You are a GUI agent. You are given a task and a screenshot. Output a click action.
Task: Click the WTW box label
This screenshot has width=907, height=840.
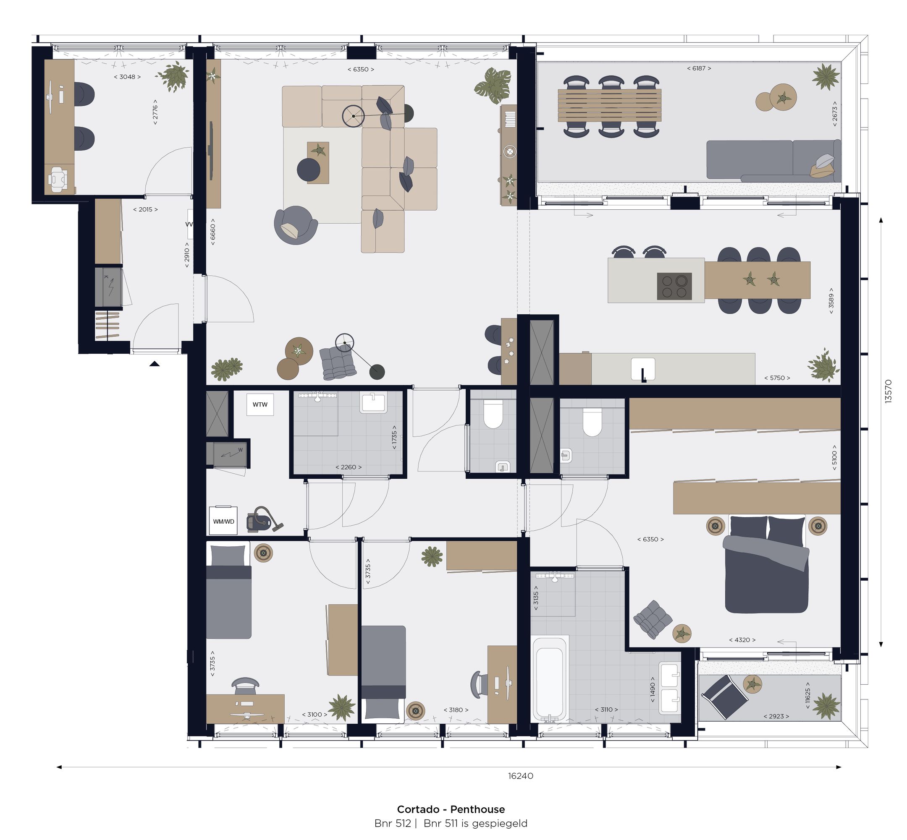click(x=260, y=404)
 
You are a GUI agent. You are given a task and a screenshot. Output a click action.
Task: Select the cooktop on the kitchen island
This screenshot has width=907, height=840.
click(x=674, y=286)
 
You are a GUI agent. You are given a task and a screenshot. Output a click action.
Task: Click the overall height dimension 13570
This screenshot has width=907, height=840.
click(x=888, y=391)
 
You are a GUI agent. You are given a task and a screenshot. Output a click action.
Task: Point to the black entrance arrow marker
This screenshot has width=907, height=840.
click(x=154, y=363)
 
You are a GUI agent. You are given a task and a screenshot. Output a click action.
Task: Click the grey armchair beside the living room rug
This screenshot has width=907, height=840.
click(x=295, y=224)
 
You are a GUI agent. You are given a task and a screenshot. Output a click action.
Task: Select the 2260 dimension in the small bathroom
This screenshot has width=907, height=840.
click(x=348, y=467)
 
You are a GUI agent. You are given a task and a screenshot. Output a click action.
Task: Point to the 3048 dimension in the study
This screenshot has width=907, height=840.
click(x=127, y=77)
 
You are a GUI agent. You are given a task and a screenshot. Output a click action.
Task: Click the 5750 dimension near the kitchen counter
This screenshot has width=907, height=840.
click(x=776, y=378)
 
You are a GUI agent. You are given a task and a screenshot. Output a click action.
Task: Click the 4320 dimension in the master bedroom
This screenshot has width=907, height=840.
click(x=742, y=639)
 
